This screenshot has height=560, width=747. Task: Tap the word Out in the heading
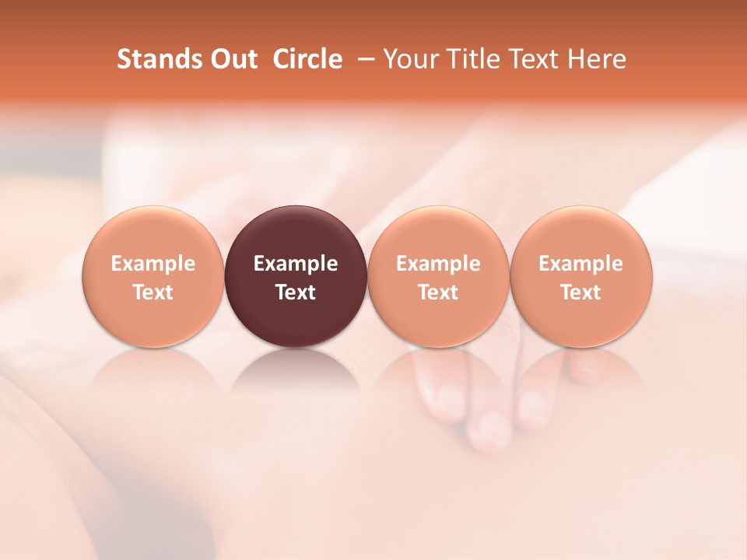click(232, 59)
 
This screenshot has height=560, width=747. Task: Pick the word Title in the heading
click(469, 59)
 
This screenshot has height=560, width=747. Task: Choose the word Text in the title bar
click(529, 59)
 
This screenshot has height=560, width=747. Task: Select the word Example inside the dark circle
click(296, 264)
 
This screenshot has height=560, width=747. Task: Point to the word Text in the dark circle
click(296, 292)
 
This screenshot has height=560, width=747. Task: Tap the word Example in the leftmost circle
click(153, 264)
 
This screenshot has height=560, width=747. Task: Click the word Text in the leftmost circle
click(153, 292)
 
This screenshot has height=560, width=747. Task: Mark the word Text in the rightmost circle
click(580, 292)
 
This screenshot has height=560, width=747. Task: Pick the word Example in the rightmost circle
click(580, 264)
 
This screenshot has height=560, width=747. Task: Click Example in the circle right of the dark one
click(438, 264)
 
